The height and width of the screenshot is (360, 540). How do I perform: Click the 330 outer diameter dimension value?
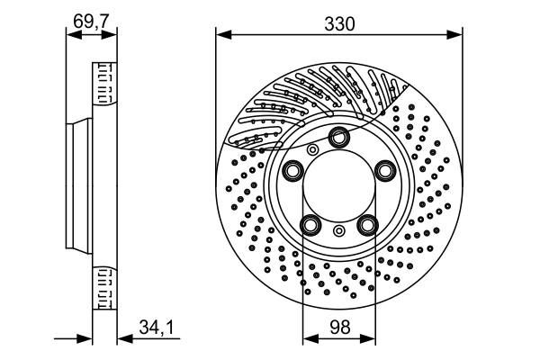[x=338, y=24]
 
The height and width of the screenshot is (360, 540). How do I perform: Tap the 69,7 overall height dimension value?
[x=91, y=21]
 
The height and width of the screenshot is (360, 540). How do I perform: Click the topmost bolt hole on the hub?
[x=338, y=137]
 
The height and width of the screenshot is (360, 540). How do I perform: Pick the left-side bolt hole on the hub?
[x=292, y=170]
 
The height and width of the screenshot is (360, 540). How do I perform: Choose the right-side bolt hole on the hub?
[x=384, y=170]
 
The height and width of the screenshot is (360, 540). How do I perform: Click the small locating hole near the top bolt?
[x=313, y=149]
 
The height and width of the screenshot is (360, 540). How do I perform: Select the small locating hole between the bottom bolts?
[x=338, y=231]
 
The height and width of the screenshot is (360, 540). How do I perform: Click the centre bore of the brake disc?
[x=338, y=185]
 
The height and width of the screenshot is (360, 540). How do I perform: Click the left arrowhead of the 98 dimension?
[x=308, y=338]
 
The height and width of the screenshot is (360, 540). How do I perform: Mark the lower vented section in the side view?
[x=104, y=286]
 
